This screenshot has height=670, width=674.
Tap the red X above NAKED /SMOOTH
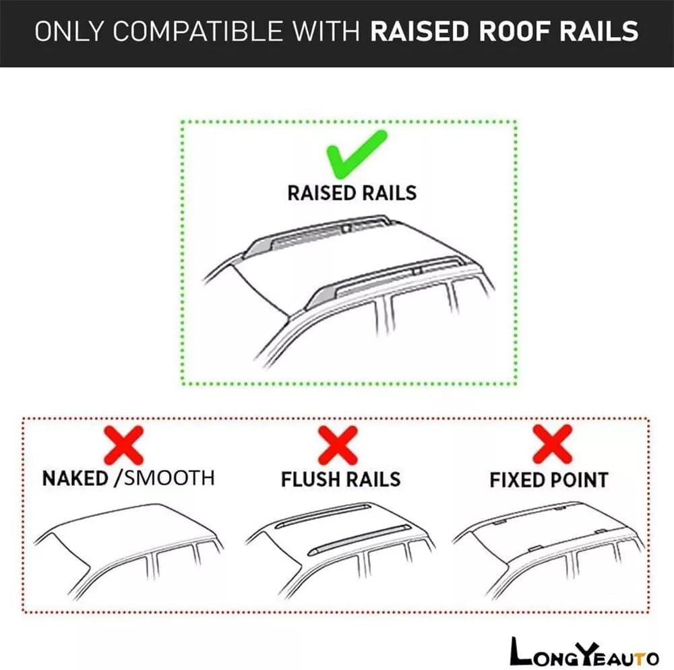[124, 446]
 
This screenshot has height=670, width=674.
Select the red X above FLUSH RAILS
[338, 446]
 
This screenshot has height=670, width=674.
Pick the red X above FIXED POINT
[553, 444]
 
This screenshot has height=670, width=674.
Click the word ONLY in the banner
[69, 32]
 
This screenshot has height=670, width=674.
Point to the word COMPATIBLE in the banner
[197, 32]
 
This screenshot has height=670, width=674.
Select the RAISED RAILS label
[352, 193]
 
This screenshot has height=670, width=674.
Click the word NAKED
[75, 479]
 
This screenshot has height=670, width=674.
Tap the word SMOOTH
[169, 478]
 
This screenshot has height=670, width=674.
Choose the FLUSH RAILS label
[341, 479]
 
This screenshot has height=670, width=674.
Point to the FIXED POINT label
[549, 480]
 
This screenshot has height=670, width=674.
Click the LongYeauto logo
[584, 652]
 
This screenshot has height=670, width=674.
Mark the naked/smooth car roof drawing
[128, 551]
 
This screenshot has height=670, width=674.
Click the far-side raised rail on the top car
[318, 235]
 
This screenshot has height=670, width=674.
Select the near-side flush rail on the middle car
[359, 540]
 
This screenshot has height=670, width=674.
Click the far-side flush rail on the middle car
[322, 516]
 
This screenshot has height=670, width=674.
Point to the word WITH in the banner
[327, 32]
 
